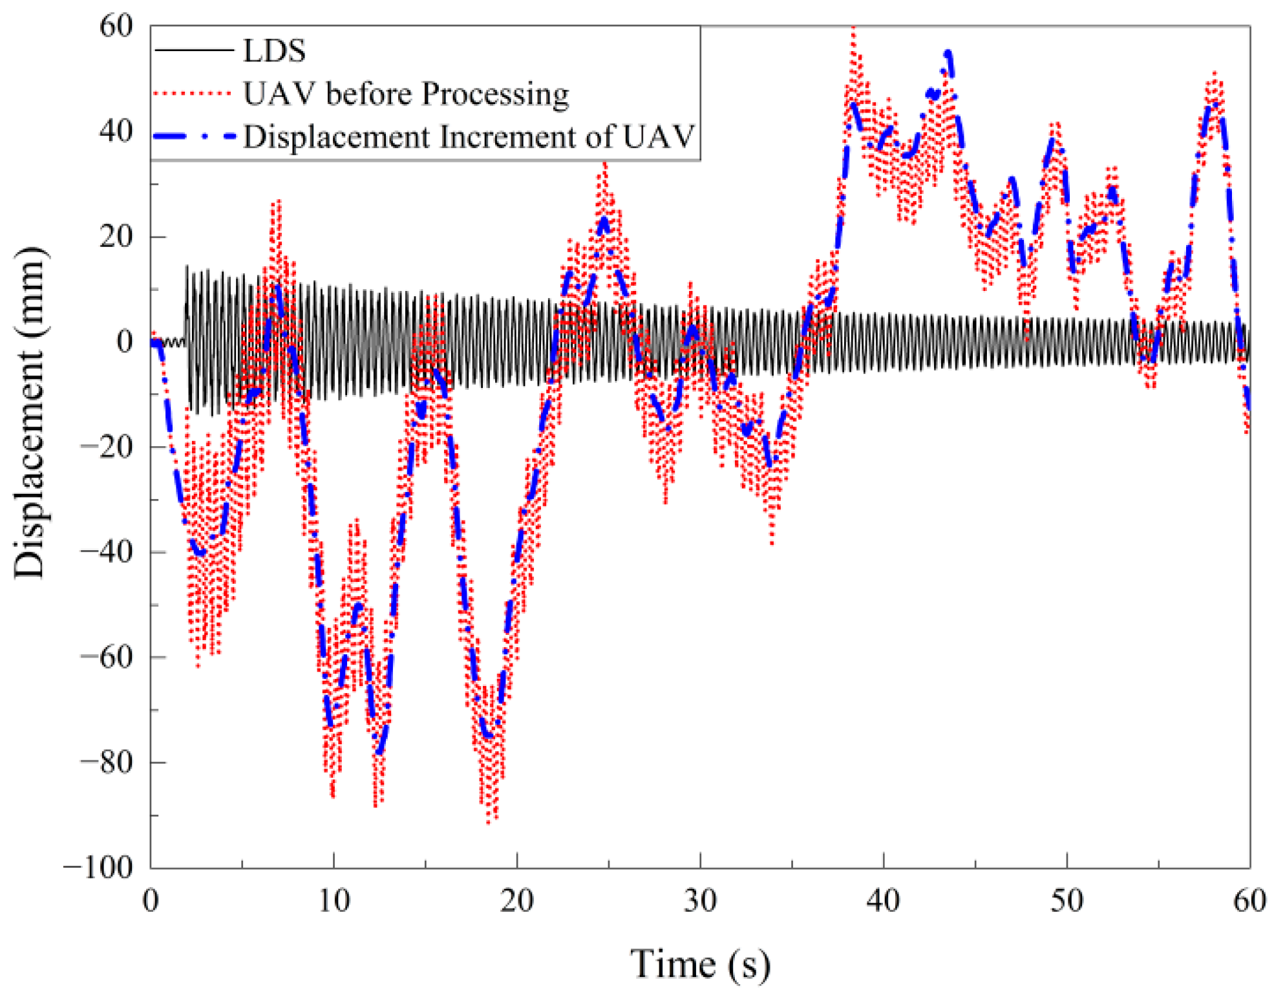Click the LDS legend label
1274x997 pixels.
[x=273, y=50]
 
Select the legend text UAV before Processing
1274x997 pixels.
[x=405, y=94]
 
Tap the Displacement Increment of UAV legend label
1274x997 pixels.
[x=469, y=137]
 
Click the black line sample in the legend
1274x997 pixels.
[x=194, y=50]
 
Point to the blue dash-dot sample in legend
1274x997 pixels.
[x=194, y=137]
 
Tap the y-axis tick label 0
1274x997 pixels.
[x=125, y=341]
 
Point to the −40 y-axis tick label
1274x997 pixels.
[x=107, y=552]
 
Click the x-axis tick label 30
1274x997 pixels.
[x=700, y=901]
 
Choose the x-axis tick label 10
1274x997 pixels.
[x=334, y=901]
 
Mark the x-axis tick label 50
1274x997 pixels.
[x=1067, y=901]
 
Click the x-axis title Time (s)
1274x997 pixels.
[x=700, y=965]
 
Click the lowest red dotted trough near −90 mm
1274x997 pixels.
[x=490, y=822]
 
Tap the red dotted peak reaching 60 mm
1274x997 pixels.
[x=854, y=29]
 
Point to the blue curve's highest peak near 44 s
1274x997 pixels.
[x=948, y=53]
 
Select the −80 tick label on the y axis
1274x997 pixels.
[x=107, y=762]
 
